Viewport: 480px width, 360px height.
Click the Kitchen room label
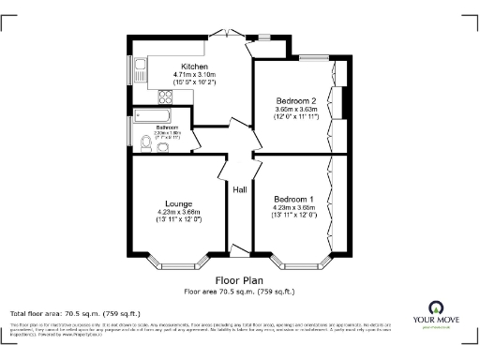click(x=194, y=67)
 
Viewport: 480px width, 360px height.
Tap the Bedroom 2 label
click(x=296, y=100)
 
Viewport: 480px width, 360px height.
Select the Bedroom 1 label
click(x=294, y=200)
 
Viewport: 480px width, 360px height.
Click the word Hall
click(x=240, y=190)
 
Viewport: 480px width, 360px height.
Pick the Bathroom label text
click(x=167, y=127)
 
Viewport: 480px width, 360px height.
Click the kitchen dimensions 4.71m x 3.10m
click(x=194, y=75)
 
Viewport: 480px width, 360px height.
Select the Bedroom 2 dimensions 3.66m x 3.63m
click(x=296, y=110)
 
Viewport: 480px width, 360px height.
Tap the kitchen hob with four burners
click(x=166, y=95)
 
